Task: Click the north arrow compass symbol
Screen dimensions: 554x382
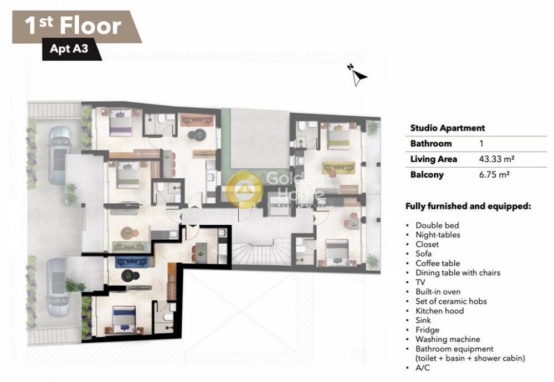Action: point(358,75)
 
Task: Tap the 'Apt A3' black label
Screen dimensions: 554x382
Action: point(69,48)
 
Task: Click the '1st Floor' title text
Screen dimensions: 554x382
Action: point(73,26)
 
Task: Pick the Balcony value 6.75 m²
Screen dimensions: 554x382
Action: point(494,174)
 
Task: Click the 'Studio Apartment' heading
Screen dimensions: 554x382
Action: point(447,128)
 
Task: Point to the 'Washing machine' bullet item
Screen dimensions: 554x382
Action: point(448,339)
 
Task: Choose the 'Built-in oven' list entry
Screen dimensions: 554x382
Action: point(438,292)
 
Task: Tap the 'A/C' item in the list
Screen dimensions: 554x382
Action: point(423,368)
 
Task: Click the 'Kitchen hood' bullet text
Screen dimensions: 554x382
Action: point(439,311)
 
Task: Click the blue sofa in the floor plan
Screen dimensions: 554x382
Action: point(131,262)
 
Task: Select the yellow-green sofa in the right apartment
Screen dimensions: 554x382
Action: point(338,168)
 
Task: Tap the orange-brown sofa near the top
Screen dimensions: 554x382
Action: point(197,120)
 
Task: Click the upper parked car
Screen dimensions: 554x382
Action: point(59,156)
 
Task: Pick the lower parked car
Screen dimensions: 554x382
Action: point(57,287)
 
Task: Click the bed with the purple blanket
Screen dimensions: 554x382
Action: point(121,122)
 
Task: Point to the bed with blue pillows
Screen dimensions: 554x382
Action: point(124,319)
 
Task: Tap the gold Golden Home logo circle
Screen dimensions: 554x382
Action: point(244,189)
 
